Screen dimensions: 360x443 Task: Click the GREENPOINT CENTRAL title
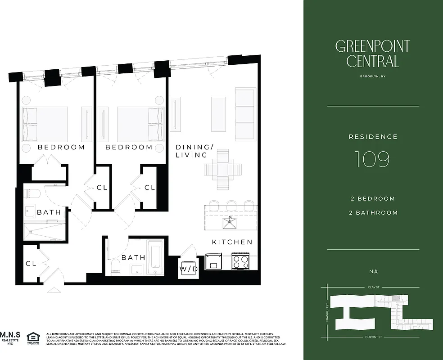pyautogui.click(x=372, y=54)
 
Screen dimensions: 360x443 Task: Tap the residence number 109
pyautogui.click(x=372, y=159)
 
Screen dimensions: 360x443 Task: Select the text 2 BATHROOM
pyautogui.click(x=374, y=212)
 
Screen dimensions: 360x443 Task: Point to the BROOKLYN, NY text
pyautogui.click(x=373, y=76)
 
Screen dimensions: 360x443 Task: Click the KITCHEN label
pyautogui.click(x=232, y=242)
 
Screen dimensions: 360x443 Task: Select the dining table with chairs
pyautogui.click(x=223, y=170)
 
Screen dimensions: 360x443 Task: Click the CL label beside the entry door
pyautogui.click(x=31, y=264)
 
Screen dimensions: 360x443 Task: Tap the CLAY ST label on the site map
pyautogui.click(x=373, y=287)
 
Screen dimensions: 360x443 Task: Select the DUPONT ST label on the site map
pyautogui.click(x=373, y=337)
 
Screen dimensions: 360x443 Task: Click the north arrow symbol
pyautogui.click(x=373, y=271)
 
